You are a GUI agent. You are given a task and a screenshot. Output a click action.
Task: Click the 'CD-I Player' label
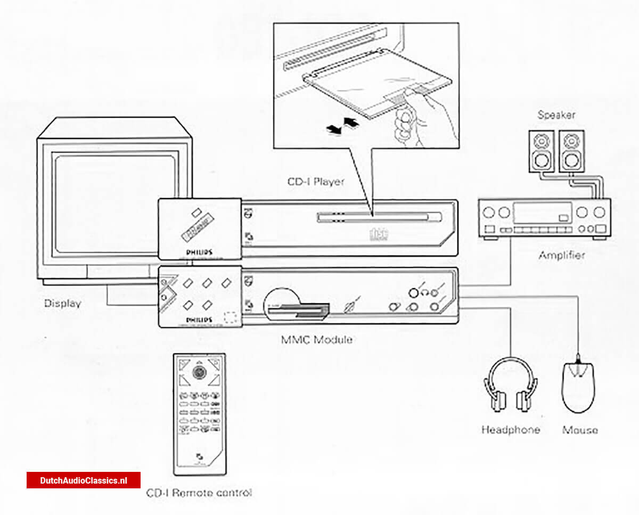point(316,182)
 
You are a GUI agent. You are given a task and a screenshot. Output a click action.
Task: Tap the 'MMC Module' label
point(316,339)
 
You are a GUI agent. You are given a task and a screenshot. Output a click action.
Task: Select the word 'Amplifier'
point(561,255)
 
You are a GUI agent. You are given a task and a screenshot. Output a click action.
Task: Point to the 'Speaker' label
point(556,115)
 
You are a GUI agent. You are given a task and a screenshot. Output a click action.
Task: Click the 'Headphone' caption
point(510,430)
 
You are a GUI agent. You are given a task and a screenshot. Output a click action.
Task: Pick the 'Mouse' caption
point(580,430)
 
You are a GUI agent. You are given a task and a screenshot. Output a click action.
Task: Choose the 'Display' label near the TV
point(63,304)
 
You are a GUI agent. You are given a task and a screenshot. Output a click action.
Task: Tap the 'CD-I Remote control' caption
point(199,493)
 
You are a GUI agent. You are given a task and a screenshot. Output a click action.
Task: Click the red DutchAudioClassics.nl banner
point(84,480)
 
